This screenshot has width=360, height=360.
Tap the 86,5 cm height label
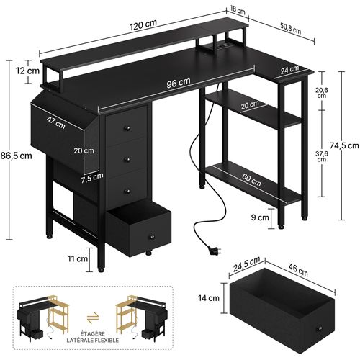pyautogui.click(x=17, y=155)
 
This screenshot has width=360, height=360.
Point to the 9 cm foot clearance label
pyautogui.click(x=260, y=215)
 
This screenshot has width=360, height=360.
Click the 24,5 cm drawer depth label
pyautogui.click(x=247, y=272)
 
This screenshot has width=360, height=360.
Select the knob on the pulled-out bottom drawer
pyautogui.click(x=151, y=236)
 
